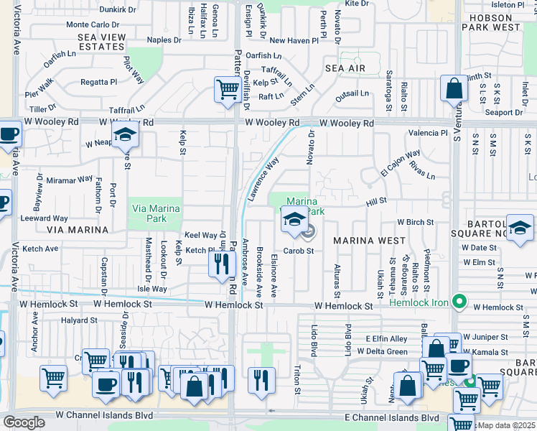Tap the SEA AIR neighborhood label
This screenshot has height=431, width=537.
[x=345, y=68]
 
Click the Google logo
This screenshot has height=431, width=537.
[x=24, y=422]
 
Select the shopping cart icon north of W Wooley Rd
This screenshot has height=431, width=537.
[x=228, y=91]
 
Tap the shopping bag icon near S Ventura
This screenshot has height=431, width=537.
[x=454, y=90]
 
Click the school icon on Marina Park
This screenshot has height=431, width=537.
[x=294, y=219]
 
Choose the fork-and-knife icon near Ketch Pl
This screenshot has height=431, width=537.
[x=222, y=264]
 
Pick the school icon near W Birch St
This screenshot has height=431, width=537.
[x=519, y=229]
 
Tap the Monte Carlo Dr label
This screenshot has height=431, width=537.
[x=93, y=24]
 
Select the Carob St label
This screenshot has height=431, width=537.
[x=299, y=251]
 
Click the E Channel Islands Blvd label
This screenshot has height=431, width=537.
[x=391, y=417]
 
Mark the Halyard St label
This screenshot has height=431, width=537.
[x=78, y=320]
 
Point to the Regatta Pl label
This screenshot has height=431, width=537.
[x=99, y=82]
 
